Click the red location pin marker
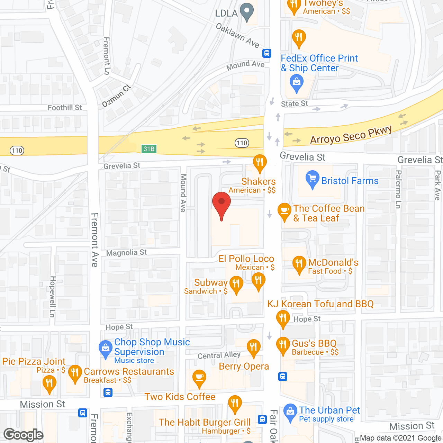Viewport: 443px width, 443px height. coord(221,204)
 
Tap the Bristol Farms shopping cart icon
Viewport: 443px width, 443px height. coord(312,179)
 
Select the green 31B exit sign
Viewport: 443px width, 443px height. coord(149,149)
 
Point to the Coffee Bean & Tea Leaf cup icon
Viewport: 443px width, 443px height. coord(284,210)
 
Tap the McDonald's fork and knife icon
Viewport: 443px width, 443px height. coord(299,264)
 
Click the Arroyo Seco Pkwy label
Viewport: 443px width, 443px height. coord(351,135)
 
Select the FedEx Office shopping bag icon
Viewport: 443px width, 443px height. coord(296,83)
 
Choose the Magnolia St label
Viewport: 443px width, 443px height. coord(126,253)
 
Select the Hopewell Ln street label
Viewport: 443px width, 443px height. coord(52,297)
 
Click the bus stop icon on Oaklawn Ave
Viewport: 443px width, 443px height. coord(266,53)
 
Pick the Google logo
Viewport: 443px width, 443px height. coord(24,435)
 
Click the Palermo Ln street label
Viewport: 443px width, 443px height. coord(398,189)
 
